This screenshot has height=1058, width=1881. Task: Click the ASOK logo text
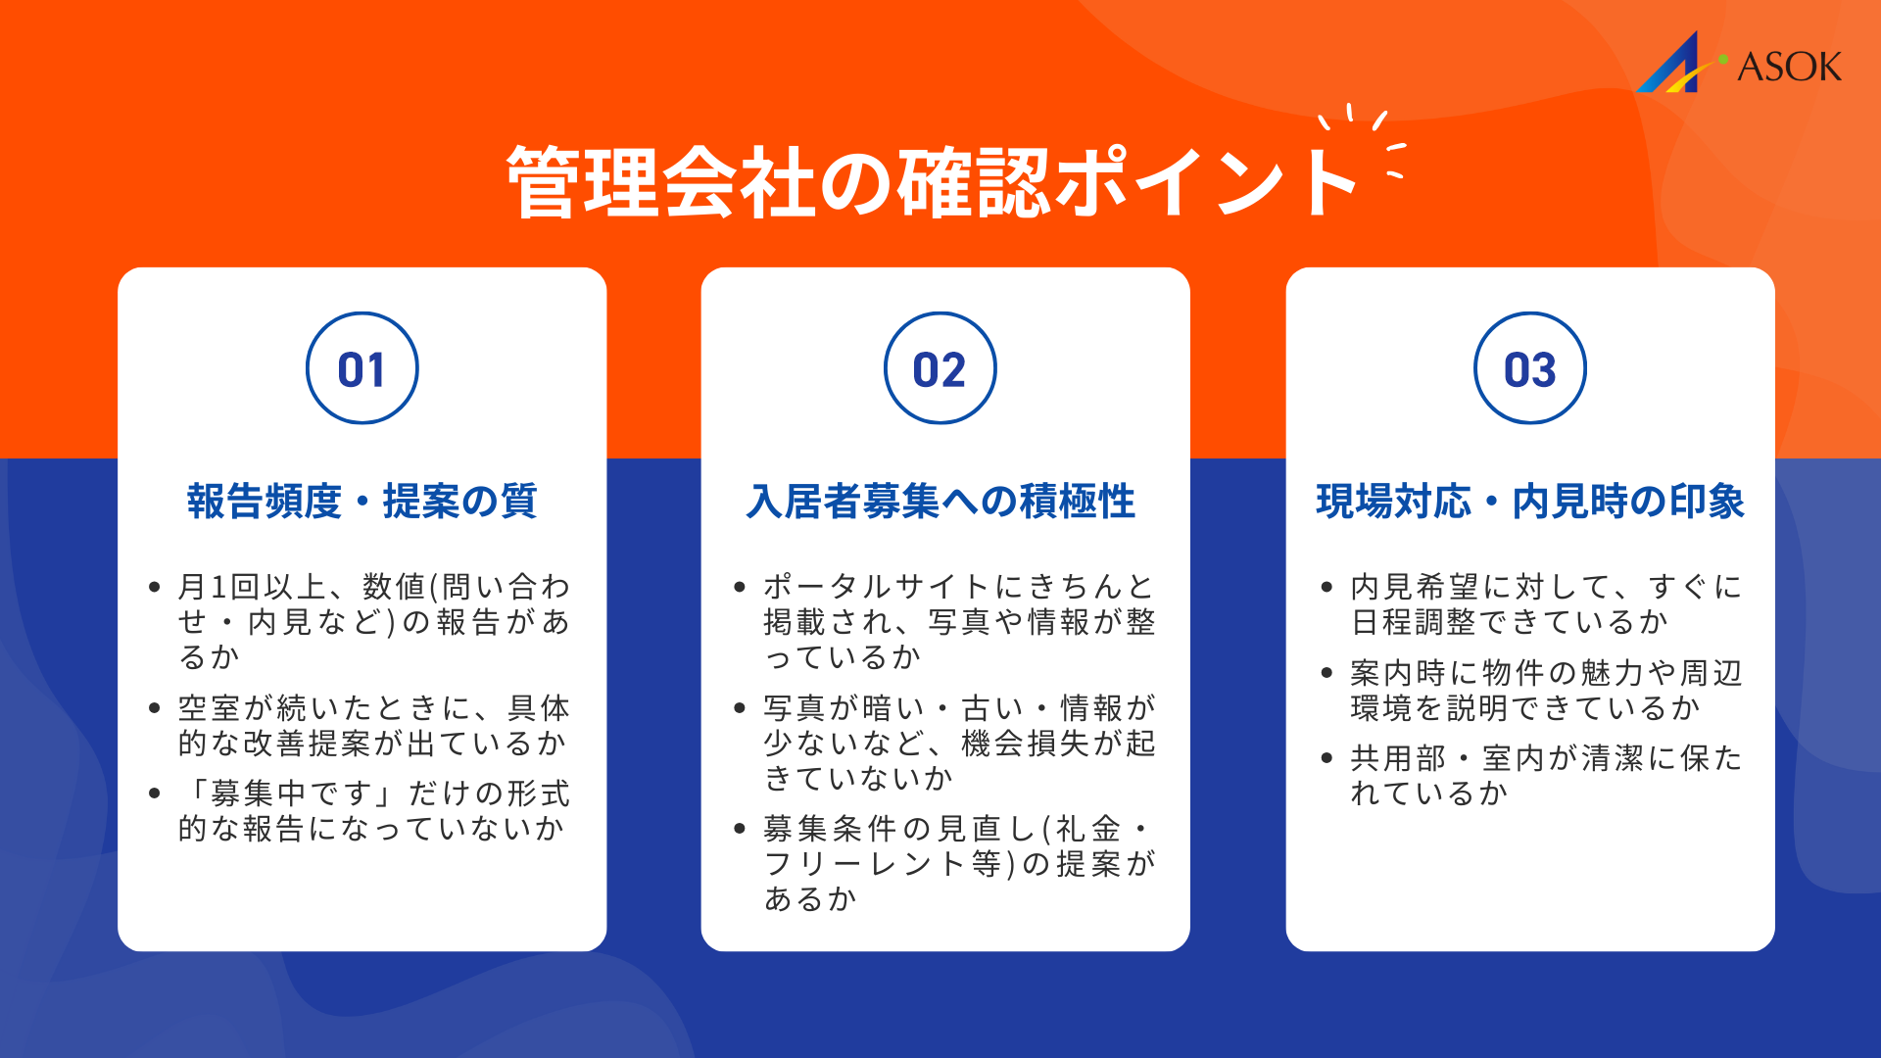[x=1789, y=67]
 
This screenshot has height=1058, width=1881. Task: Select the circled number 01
[x=362, y=368]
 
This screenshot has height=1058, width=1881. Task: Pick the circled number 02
[x=940, y=368]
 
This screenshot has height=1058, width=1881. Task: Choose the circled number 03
[x=1530, y=368]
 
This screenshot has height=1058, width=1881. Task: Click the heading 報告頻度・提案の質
[x=362, y=501]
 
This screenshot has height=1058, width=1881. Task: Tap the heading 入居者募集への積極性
[x=940, y=501]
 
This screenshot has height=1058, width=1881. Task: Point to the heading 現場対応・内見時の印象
[x=1530, y=501]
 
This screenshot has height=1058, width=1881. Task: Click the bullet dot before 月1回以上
[x=155, y=588]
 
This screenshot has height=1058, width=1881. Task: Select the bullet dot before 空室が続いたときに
[x=155, y=708]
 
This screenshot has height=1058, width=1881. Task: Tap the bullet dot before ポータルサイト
[x=740, y=588]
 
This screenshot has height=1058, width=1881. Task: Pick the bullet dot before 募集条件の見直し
[x=740, y=830]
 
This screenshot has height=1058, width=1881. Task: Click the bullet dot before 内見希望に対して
[x=1326, y=588]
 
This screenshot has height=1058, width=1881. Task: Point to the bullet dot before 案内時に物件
[x=1326, y=673]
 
